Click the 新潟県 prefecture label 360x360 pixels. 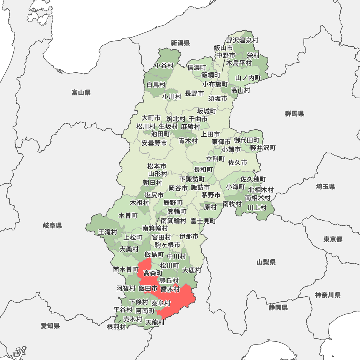pos(180,43)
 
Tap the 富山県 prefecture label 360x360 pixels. pos(81,93)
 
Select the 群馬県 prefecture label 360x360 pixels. pos(294,114)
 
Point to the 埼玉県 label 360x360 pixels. pos(325,186)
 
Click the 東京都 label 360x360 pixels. pos(333,239)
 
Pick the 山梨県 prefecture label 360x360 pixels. pos(266,262)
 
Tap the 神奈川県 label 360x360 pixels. pos(328,295)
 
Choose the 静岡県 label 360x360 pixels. pos(278,307)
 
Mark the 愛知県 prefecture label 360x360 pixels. pos(50,326)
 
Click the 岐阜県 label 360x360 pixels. pos(53,226)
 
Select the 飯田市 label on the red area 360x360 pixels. pos(148,288)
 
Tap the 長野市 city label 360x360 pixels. pos(194,93)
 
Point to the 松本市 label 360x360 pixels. pos(157,166)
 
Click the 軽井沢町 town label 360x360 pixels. pos(263,148)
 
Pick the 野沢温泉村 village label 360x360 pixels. pos(242,40)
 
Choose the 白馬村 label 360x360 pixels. pos(156,85)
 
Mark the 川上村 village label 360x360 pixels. pos(257,207)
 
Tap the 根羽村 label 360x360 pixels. pos(116,327)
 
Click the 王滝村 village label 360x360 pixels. pos(108,232)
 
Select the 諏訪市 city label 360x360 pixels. pos(200,188)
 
